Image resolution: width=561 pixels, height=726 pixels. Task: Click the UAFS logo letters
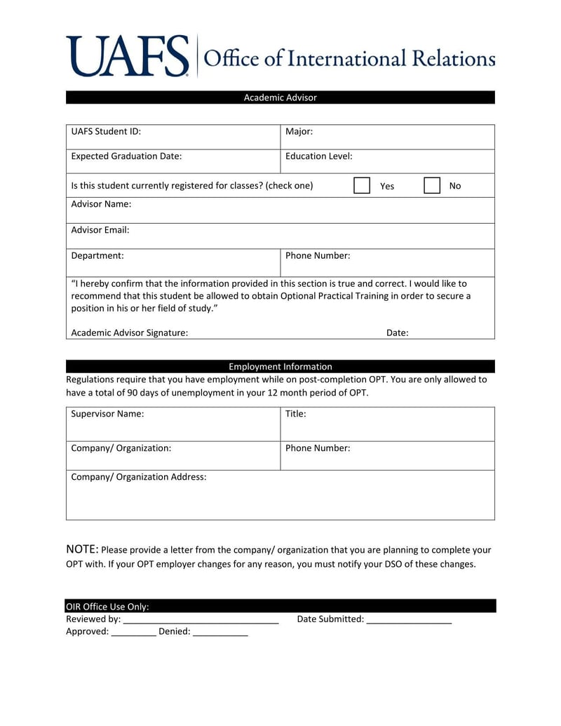pyautogui.click(x=128, y=56)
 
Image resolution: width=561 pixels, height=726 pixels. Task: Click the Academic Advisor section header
pyautogui.click(x=280, y=98)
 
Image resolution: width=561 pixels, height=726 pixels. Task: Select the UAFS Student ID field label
pyautogui.click(x=106, y=131)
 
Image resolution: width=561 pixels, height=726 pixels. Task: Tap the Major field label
pyautogui.click(x=299, y=131)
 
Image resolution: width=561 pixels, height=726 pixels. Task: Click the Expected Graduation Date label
pyautogui.click(x=126, y=156)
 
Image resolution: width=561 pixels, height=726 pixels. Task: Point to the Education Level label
pyautogui.click(x=318, y=156)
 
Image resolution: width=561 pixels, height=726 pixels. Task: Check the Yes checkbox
pyautogui.click(x=362, y=185)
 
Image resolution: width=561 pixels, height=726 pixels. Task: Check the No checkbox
pyautogui.click(x=432, y=185)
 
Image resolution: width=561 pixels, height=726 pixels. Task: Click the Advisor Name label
pyautogui.click(x=101, y=204)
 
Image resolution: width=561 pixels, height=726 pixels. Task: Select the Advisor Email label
pyautogui.click(x=100, y=230)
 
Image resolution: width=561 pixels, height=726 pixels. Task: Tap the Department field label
pyautogui.click(x=97, y=256)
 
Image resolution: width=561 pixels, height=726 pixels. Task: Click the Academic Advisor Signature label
pyautogui.click(x=129, y=333)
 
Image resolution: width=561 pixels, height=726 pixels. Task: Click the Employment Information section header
pyautogui.click(x=280, y=366)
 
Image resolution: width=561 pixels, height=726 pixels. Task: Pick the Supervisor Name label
pyautogui.click(x=107, y=414)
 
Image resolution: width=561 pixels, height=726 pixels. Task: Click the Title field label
pyautogui.click(x=295, y=414)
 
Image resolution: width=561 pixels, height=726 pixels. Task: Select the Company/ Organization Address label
pyautogui.click(x=139, y=477)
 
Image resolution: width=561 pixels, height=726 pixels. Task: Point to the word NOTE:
pyautogui.click(x=82, y=549)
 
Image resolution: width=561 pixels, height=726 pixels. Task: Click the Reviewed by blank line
pyautogui.click(x=201, y=620)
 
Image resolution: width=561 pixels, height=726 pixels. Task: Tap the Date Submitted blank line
pyautogui.click(x=409, y=620)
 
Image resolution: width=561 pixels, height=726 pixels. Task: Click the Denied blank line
pyautogui.click(x=220, y=633)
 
